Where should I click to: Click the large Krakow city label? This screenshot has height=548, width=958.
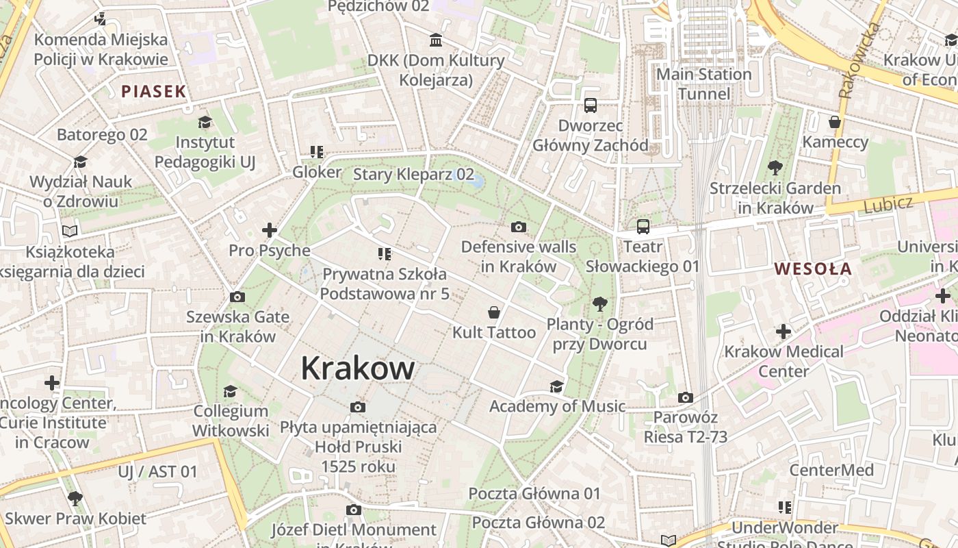coord(357,369)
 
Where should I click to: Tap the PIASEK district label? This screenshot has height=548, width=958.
coord(153,91)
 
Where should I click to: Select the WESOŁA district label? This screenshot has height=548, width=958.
coord(813,269)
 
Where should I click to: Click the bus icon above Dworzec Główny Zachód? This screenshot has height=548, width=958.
coord(590,105)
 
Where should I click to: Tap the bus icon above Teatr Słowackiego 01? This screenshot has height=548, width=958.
coord(643,227)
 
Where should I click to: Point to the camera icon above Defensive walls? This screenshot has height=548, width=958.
coord(519,227)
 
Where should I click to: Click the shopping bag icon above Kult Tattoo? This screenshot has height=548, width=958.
coord(493,313)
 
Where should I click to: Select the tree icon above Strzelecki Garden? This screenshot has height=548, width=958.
coord(775,167)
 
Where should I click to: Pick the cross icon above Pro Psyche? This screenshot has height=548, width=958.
coord(270,230)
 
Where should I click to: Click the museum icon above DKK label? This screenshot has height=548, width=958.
coord(436,40)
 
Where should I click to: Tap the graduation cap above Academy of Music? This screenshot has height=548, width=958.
coord(556,386)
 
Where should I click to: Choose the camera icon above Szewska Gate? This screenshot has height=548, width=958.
coord(237,297)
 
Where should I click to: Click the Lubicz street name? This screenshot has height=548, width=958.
coord(888,203)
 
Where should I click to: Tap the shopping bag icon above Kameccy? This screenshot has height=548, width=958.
coord(834,122)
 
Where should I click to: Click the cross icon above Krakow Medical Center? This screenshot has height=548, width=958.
coord(783,332)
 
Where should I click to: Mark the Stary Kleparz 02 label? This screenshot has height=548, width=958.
coord(413,174)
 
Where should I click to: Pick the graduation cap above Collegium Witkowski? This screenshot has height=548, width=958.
coord(230,391)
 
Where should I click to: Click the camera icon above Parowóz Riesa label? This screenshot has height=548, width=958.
coord(685,397)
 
